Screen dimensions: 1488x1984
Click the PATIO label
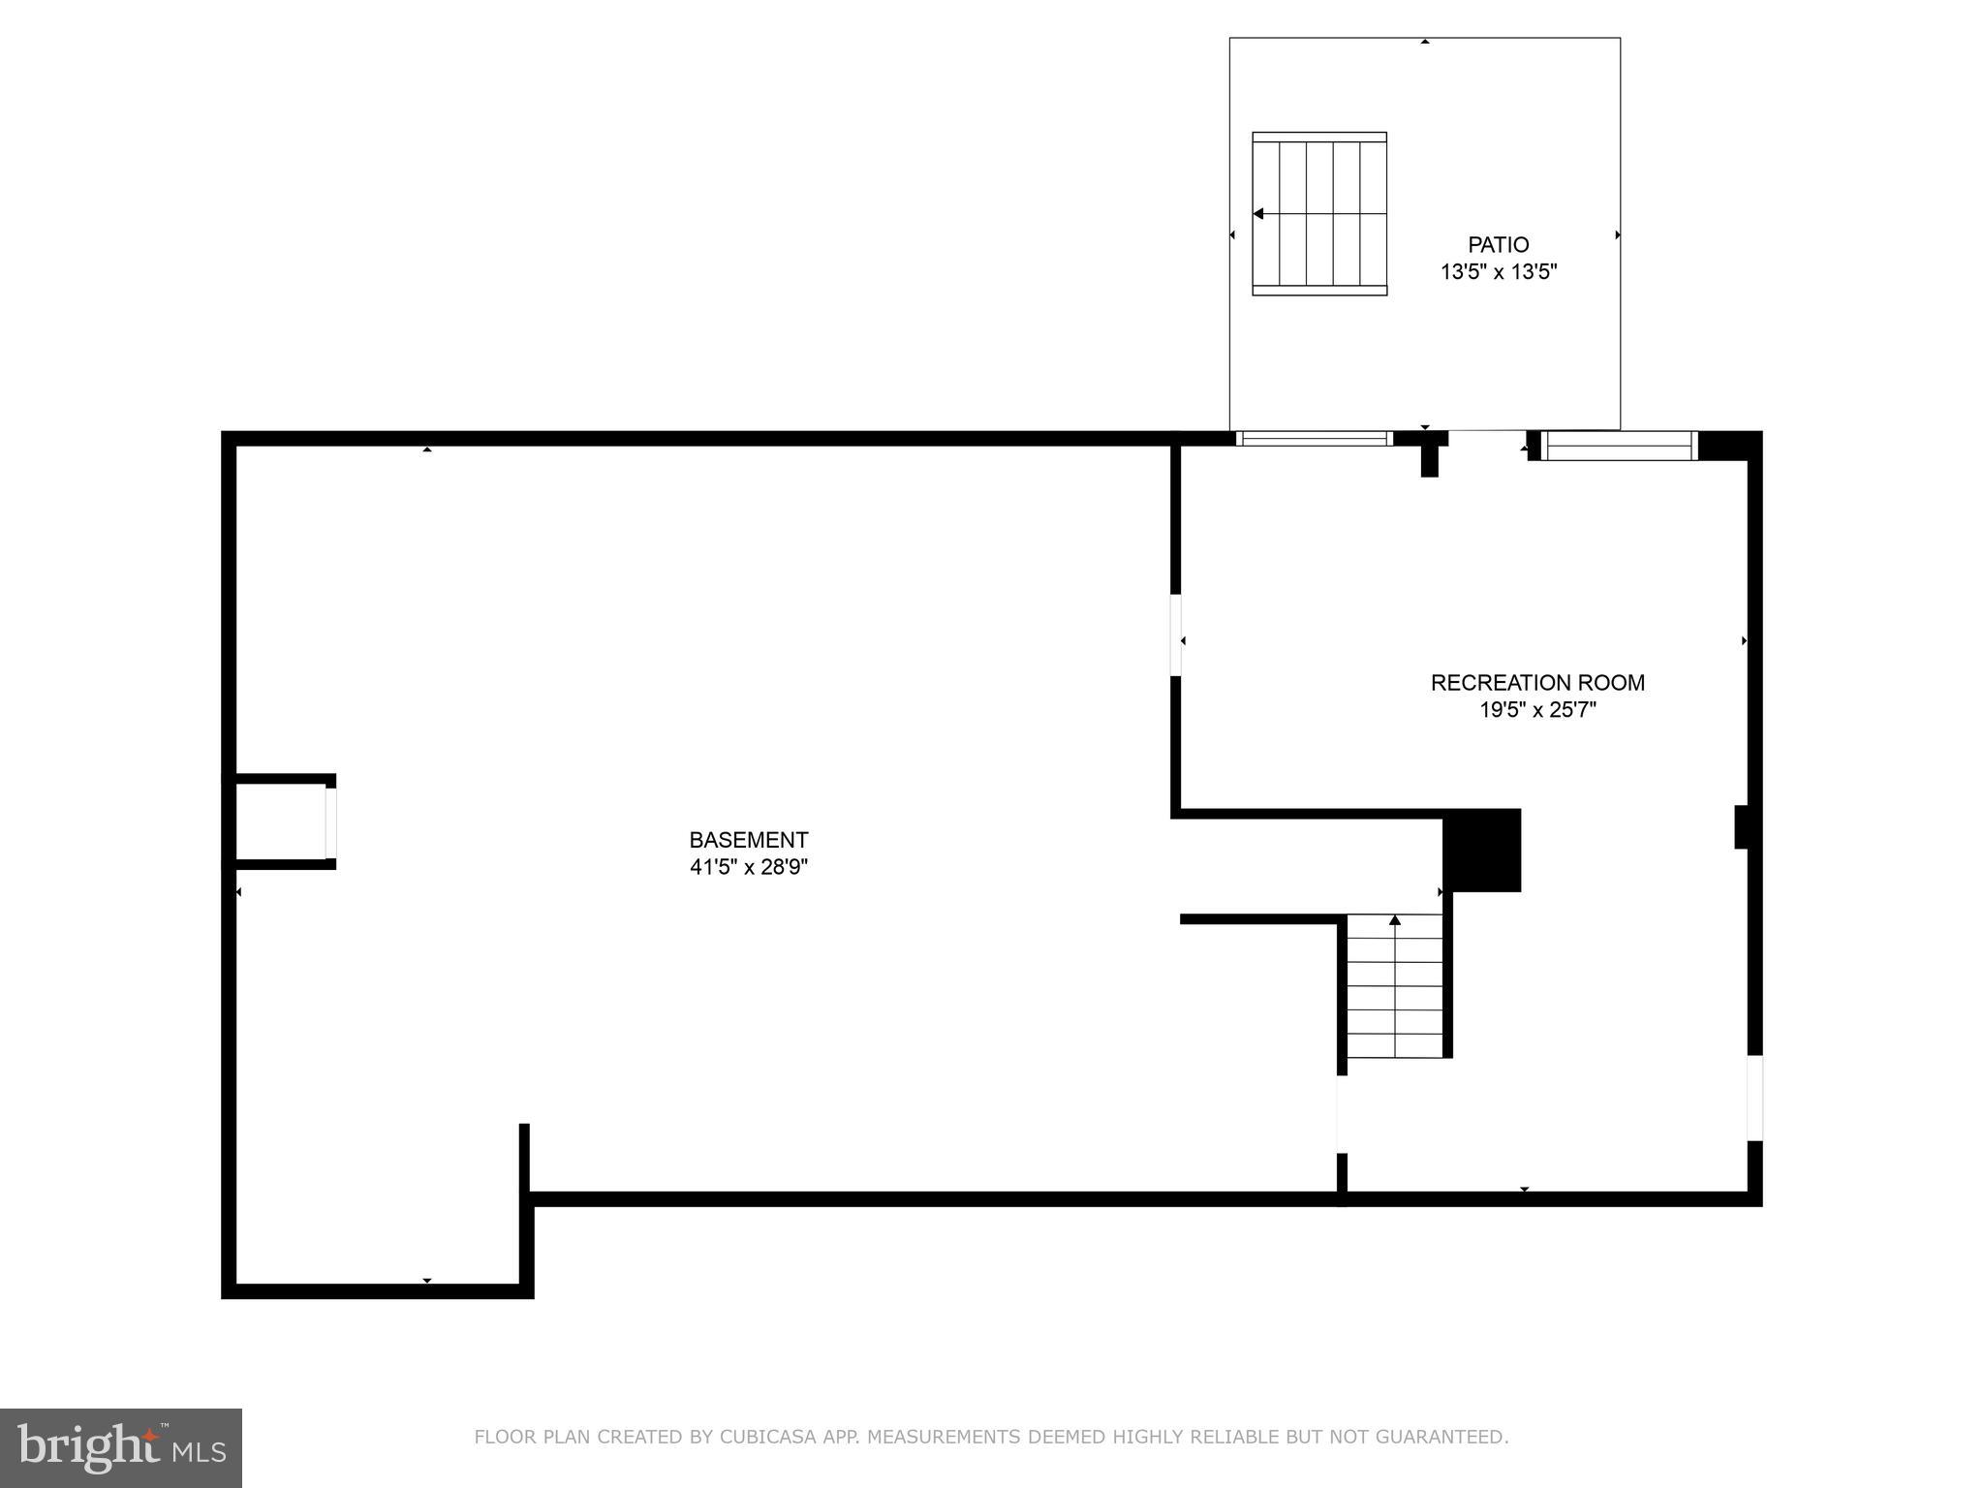tap(1498, 245)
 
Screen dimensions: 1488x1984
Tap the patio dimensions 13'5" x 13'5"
tap(1498, 272)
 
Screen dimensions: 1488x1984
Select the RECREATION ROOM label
tap(1537, 683)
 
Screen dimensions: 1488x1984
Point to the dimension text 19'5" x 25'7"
tap(1537, 710)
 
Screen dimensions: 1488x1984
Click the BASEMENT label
tap(748, 840)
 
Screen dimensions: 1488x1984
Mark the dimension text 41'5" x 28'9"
tap(748, 867)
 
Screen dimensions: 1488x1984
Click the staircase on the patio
tap(1319, 214)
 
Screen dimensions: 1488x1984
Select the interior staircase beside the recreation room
tap(1394, 988)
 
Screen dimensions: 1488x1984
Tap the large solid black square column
tap(1481, 850)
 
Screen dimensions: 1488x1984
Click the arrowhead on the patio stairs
tap(1258, 214)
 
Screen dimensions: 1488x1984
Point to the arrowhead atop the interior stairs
tap(1395, 919)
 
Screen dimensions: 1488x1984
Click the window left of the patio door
tap(1314, 439)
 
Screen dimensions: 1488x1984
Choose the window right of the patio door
tap(1618, 446)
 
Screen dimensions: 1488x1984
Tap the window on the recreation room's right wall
tap(1754, 1098)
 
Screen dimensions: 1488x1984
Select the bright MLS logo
tap(120, 1447)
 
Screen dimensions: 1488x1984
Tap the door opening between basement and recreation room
tap(1176, 635)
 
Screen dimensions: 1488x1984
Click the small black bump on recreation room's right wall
tap(1741, 827)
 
